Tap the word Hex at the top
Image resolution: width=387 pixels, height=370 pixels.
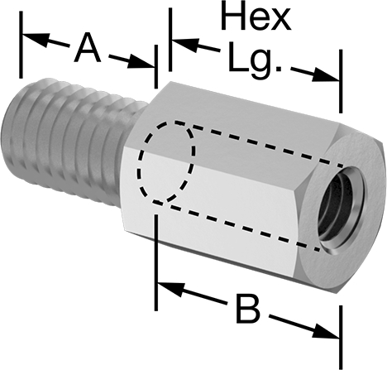257,17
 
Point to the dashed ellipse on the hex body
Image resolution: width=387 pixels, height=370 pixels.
166,162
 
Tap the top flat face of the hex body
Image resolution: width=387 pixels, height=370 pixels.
248,108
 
